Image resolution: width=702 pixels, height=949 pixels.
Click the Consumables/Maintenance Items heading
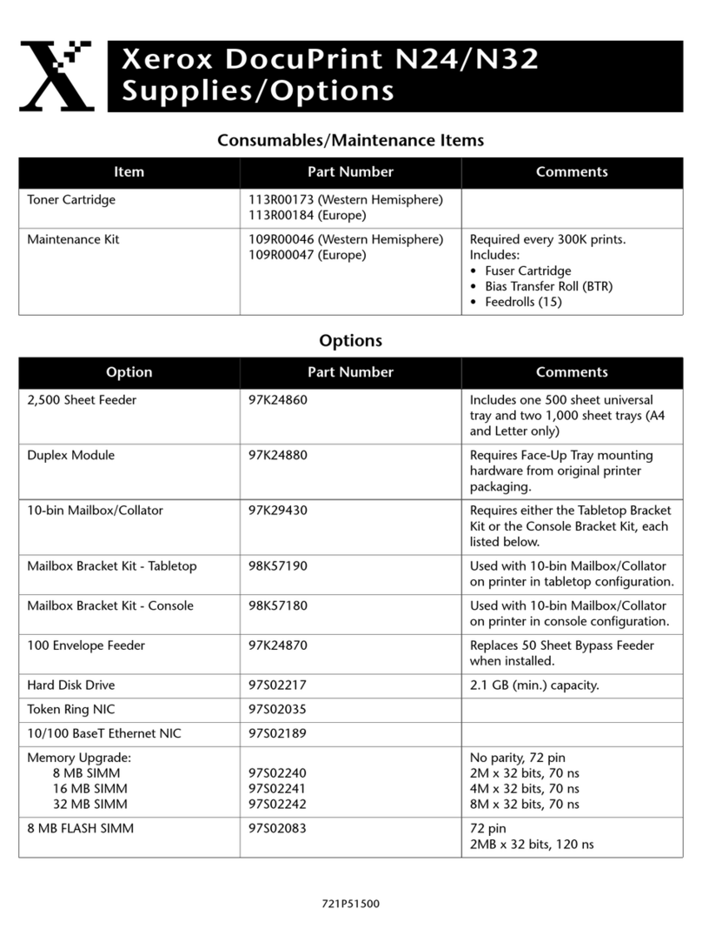(x=350, y=140)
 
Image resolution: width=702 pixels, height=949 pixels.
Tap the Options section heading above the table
(x=350, y=341)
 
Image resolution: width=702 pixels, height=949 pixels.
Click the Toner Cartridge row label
(x=71, y=200)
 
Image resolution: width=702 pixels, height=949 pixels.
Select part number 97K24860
(x=278, y=400)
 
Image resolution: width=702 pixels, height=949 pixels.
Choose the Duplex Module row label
(x=70, y=455)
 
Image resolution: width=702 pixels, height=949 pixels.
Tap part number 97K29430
(x=278, y=511)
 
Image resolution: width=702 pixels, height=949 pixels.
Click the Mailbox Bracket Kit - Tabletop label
(x=112, y=566)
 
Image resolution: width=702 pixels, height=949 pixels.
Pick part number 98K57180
(x=278, y=605)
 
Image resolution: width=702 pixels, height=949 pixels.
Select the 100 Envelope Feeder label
(x=86, y=645)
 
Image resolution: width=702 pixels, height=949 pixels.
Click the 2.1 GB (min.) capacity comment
(x=534, y=685)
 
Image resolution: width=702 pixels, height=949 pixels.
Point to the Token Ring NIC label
(x=69, y=709)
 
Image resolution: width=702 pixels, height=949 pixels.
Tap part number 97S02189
(x=278, y=733)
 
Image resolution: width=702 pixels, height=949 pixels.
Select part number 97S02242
(x=278, y=804)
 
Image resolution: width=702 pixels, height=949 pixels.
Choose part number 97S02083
(x=278, y=829)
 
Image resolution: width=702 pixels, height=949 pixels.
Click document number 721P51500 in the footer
(x=350, y=905)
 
